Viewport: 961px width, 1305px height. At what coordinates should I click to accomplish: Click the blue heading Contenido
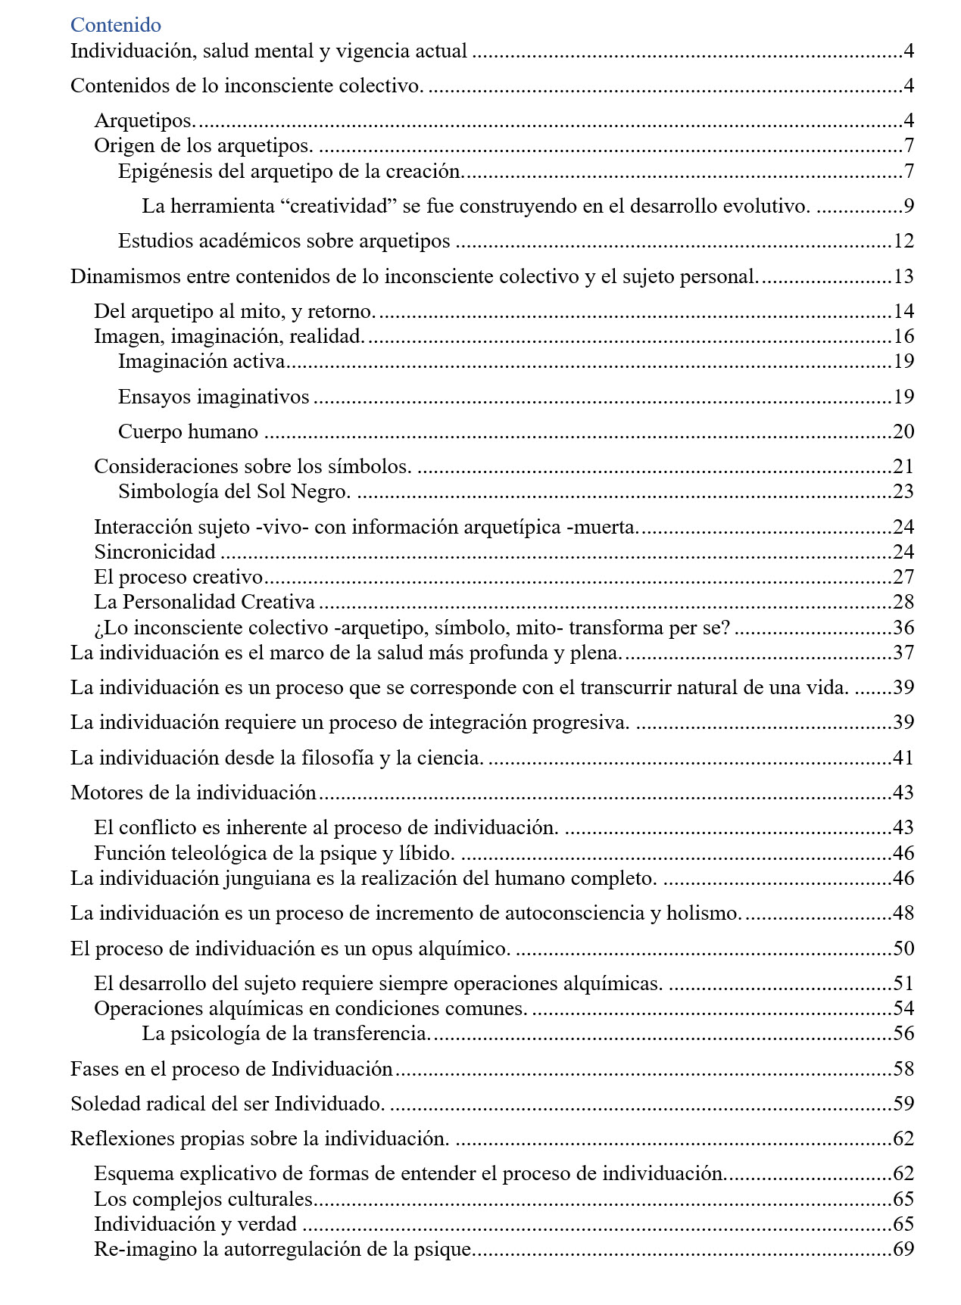tap(116, 25)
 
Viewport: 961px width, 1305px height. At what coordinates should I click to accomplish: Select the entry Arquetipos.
tap(145, 120)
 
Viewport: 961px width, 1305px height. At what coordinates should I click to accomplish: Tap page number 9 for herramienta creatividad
tap(908, 206)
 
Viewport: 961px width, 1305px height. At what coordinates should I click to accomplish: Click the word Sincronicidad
tap(154, 552)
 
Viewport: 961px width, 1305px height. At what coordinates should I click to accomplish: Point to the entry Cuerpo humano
tap(188, 431)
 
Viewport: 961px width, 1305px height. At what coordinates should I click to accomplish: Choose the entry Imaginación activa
tap(201, 361)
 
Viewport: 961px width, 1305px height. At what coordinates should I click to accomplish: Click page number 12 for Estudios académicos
tap(903, 241)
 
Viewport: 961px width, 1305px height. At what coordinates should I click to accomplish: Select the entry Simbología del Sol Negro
tap(234, 491)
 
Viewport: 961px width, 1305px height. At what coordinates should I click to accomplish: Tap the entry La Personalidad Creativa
tap(204, 602)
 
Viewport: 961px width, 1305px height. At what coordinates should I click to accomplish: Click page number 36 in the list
tap(903, 628)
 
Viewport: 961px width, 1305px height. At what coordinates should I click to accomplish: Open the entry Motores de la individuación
tap(193, 793)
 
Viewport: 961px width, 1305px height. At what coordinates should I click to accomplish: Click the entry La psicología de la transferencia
tap(286, 1033)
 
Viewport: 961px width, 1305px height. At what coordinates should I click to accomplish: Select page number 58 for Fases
tap(903, 1069)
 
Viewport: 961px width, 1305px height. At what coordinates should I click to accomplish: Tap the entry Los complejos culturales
tap(203, 1199)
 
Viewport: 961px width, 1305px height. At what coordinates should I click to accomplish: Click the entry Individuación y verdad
tap(195, 1224)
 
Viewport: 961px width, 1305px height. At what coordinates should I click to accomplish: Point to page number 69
tap(903, 1249)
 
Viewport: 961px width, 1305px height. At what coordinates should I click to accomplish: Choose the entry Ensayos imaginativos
tap(214, 397)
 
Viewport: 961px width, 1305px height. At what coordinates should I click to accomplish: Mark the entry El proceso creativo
tap(178, 577)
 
